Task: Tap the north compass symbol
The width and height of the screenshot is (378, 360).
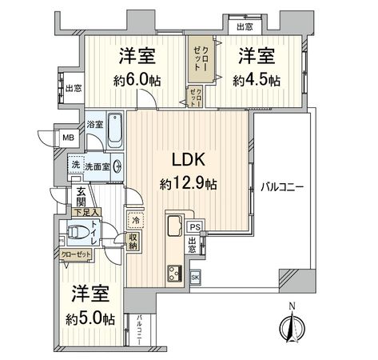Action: click(292, 328)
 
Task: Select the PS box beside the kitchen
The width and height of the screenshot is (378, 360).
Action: click(194, 226)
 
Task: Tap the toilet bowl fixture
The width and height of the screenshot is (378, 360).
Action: click(78, 234)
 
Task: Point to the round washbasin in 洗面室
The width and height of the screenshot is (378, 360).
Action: click(118, 166)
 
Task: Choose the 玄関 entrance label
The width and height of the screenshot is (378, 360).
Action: click(82, 197)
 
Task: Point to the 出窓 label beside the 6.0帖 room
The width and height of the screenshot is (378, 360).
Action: click(73, 89)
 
